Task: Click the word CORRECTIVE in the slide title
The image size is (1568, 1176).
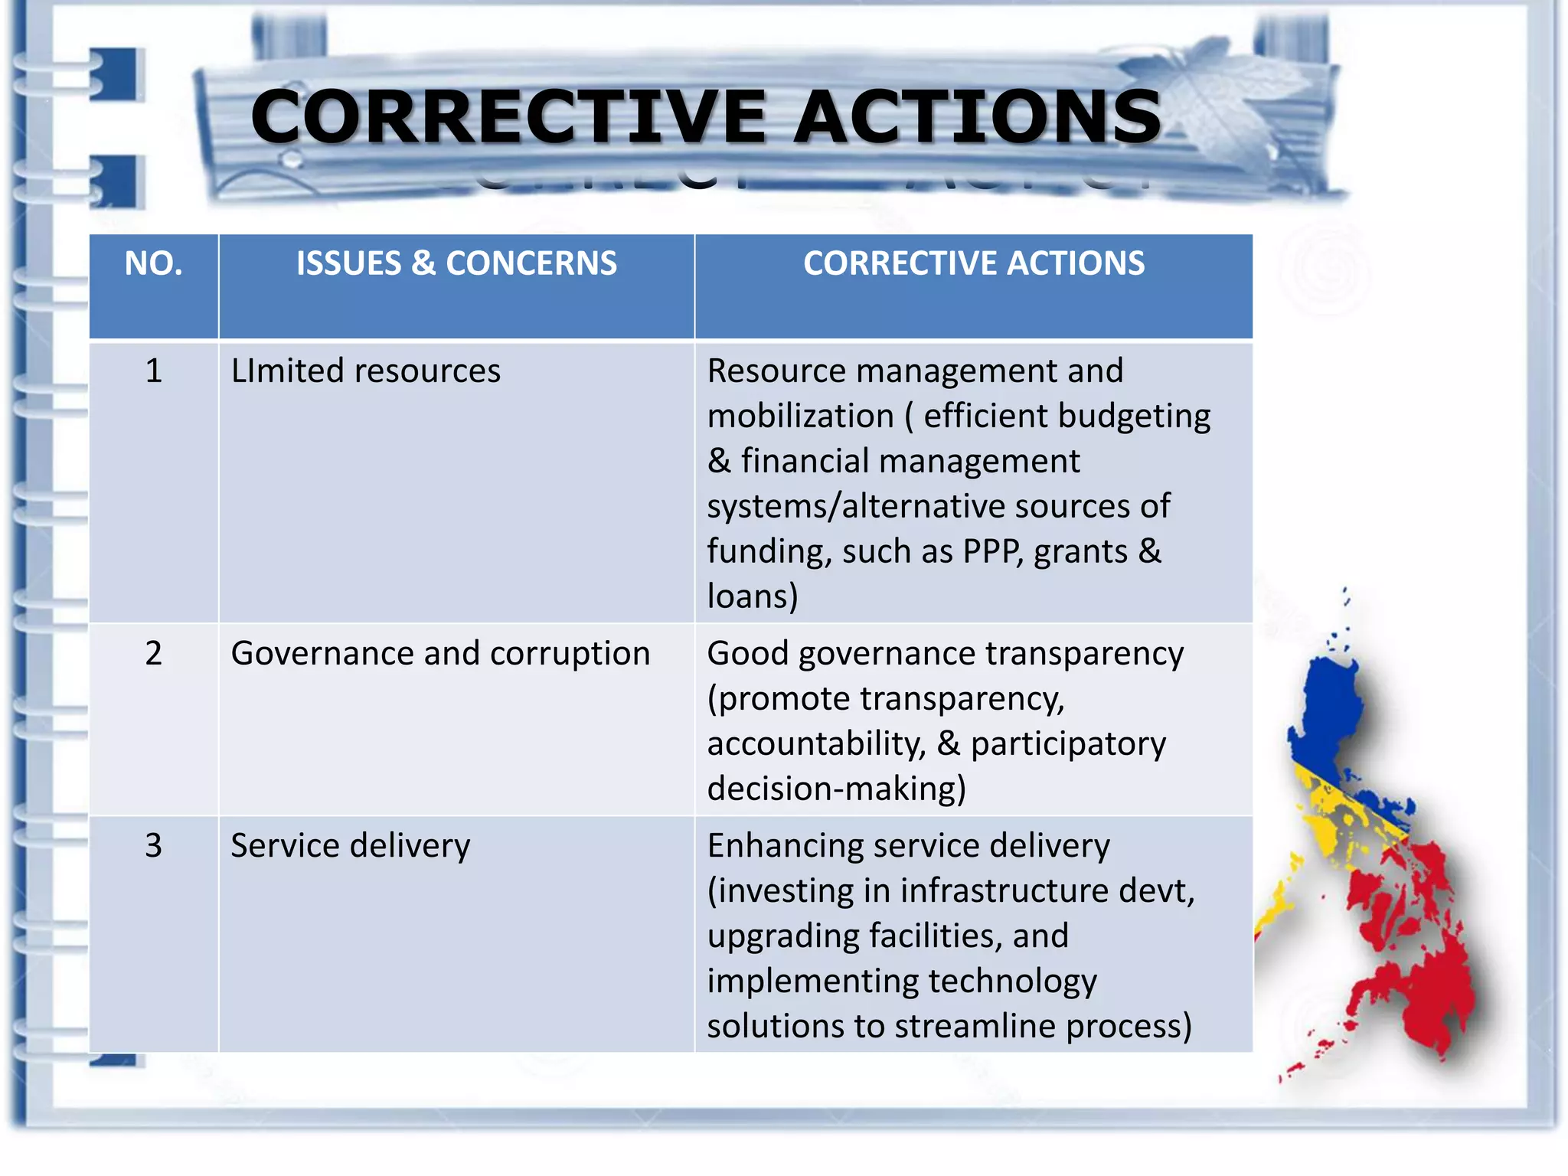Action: (x=508, y=117)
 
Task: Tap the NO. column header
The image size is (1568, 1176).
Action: (x=153, y=263)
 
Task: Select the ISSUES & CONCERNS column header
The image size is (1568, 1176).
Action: (x=456, y=263)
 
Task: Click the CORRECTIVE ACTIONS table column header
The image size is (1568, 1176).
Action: (x=973, y=263)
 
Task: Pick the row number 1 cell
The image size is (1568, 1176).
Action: (x=153, y=371)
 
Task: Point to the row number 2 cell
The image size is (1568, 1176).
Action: (x=153, y=654)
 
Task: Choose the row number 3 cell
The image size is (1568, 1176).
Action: (x=153, y=846)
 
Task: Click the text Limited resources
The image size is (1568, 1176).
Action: (x=365, y=371)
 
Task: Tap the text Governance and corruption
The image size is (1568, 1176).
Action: (x=440, y=654)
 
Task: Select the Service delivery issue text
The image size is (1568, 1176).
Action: (x=350, y=846)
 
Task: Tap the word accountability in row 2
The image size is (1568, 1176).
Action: (x=816, y=744)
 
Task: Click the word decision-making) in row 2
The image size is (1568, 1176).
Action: (x=836, y=789)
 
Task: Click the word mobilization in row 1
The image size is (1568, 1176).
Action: (x=800, y=416)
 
